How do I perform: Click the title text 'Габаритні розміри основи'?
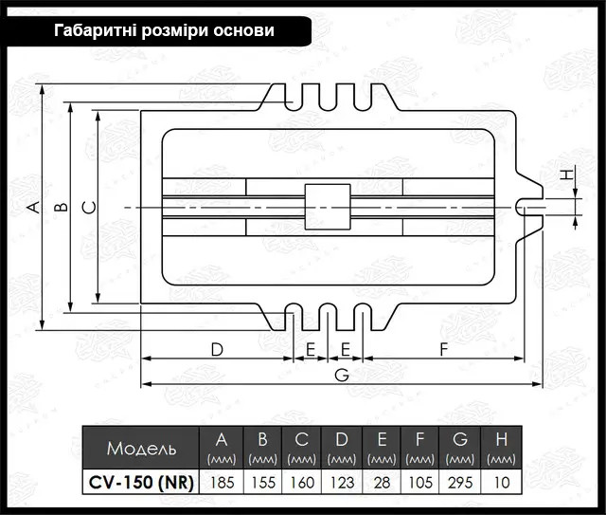(x=164, y=30)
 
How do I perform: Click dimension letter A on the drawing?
(x=35, y=207)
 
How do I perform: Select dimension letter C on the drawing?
(x=90, y=208)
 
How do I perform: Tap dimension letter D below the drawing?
(x=217, y=350)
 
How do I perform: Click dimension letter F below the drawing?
(x=444, y=350)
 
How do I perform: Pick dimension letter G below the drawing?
(x=342, y=375)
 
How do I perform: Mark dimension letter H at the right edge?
(x=567, y=175)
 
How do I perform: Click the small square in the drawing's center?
(x=328, y=207)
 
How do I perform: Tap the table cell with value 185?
(x=222, y=482)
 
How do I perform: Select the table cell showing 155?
(x=263, y=482)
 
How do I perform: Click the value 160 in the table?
(x=302, y=482)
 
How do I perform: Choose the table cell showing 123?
(x=342, y=482)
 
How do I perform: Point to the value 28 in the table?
(x=382, y=482)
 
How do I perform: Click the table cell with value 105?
(x=420, y=482)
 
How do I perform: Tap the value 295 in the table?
(x=460, y=482)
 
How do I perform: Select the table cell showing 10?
(x=501, y=482)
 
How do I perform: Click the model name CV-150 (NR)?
(x=141, y=483)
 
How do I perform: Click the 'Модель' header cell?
(x=141, y=448)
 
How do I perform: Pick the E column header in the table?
(x=382, y=448)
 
